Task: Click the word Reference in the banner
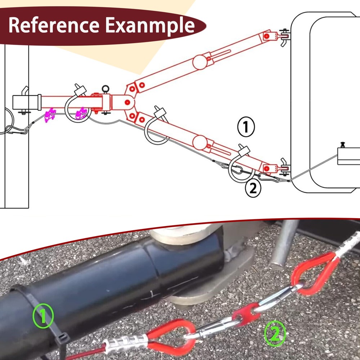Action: click(54, 25)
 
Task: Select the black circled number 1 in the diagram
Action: click(246, 127)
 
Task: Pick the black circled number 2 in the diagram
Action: click(253, 188)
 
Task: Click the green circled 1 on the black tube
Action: click(43, 316)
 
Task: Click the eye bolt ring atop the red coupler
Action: click(105, 89)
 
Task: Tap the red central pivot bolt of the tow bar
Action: click(127, 102)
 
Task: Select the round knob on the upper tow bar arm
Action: click(200, 62)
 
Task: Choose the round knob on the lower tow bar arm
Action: click(200, 143)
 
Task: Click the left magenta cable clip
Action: click(50, 115)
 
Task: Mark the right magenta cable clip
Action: click(81, 113)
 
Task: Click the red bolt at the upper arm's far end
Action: click(266, 36)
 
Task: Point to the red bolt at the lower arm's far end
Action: click(266, 169)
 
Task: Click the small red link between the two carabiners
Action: click(246, 312)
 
